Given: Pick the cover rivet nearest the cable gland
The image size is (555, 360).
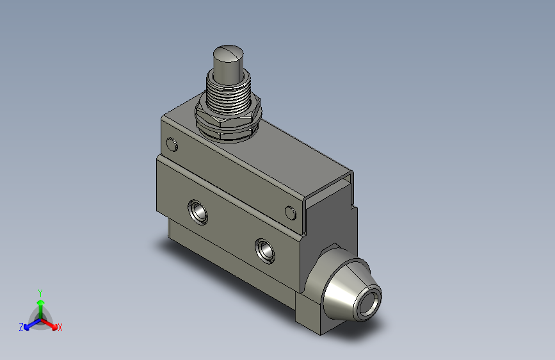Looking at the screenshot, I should tap(290, 212).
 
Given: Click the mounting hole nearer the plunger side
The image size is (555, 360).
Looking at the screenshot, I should tap(197, 211).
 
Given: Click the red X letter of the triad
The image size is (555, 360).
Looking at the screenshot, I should tap(60, 328).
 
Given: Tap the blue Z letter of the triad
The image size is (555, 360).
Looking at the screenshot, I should tap(20, 327).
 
